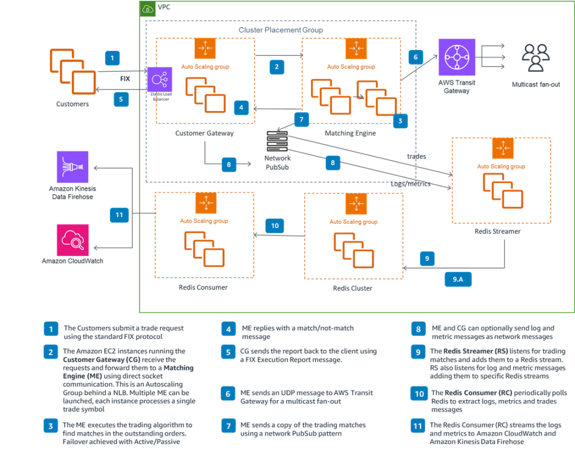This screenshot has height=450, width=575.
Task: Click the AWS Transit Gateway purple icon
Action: [x=456, y=57]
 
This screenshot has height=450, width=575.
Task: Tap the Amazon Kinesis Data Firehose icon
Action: [x=72, y=167]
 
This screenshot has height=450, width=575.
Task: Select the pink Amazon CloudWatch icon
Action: [x=72, y=240]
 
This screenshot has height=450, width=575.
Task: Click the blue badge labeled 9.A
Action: [x=458, y=279]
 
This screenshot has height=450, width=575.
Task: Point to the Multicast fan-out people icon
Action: [x=536, y=58]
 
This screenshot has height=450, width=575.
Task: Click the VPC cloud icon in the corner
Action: [x=147, y=8]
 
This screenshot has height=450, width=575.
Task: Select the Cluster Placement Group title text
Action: [x=280, y=30]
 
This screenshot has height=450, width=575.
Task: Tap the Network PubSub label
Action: [x=277, y=163]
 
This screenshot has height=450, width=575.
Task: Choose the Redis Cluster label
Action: [x=352, y=288]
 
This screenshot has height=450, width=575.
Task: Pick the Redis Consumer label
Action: [x=203, y=287]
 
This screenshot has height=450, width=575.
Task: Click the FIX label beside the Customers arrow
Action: [x=125, y=79]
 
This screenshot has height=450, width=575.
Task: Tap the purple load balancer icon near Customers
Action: [x=159, y=80]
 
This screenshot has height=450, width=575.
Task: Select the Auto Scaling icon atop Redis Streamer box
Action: [x=503, y=148]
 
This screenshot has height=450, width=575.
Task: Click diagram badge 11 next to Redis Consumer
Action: [x=119, y=214]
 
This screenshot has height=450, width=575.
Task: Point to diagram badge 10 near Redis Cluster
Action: [x=275, y=226]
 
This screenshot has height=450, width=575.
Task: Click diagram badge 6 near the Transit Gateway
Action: [x=416, y=57]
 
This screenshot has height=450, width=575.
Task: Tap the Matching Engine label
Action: [x=350, y=134]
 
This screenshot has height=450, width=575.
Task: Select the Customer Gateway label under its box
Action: [x=204, y=134]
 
